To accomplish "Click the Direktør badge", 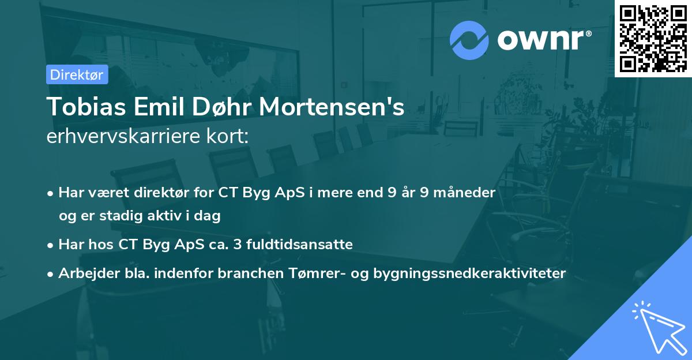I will [77, 74].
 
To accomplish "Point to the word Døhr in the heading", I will [219, 107].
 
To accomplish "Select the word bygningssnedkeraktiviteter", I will [473, 273].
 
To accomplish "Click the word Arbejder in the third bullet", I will [85, 273].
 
